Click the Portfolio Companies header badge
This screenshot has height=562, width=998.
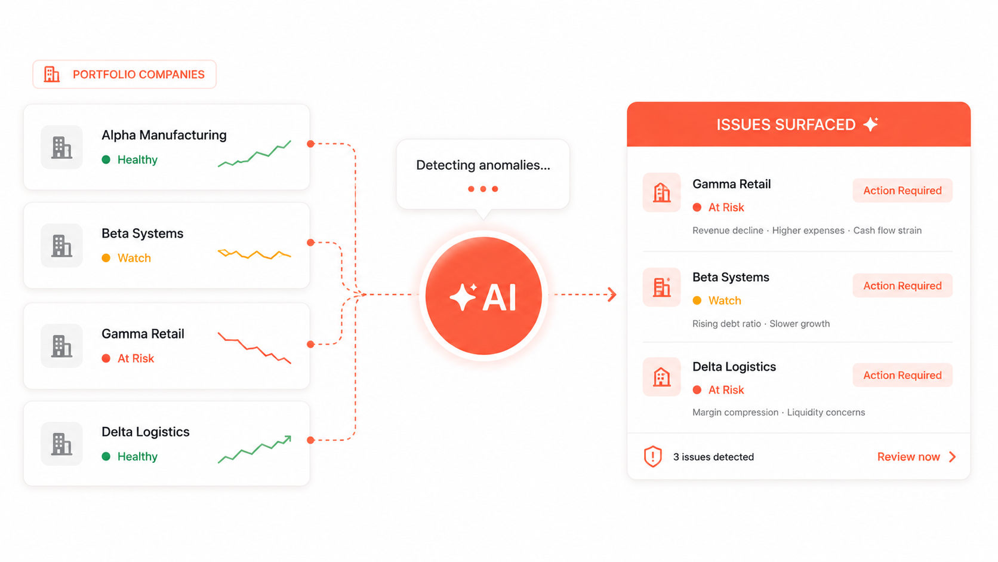[124, 75]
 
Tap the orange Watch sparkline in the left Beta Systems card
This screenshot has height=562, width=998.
[254, 254]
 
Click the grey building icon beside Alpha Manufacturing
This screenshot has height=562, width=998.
[61, 147]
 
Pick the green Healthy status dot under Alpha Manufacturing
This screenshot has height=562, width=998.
[106, 159]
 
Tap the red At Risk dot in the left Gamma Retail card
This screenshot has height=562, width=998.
[106, 358]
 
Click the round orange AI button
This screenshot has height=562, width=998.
[483, 296]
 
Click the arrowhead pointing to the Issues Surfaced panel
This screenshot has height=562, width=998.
[612, 294]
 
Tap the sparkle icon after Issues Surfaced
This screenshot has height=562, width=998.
[871, 124]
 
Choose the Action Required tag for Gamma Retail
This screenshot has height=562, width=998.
[902, 191]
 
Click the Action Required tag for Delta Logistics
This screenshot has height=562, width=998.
[902, 375]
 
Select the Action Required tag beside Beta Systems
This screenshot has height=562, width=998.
[902, 285]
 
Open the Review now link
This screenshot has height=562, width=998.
[916, 457]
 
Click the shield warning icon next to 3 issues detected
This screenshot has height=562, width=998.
[653, 456]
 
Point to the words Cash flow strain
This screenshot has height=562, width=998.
[888, 231]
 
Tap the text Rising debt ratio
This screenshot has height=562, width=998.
[726, 324]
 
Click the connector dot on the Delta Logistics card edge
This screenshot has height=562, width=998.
[310, 440]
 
